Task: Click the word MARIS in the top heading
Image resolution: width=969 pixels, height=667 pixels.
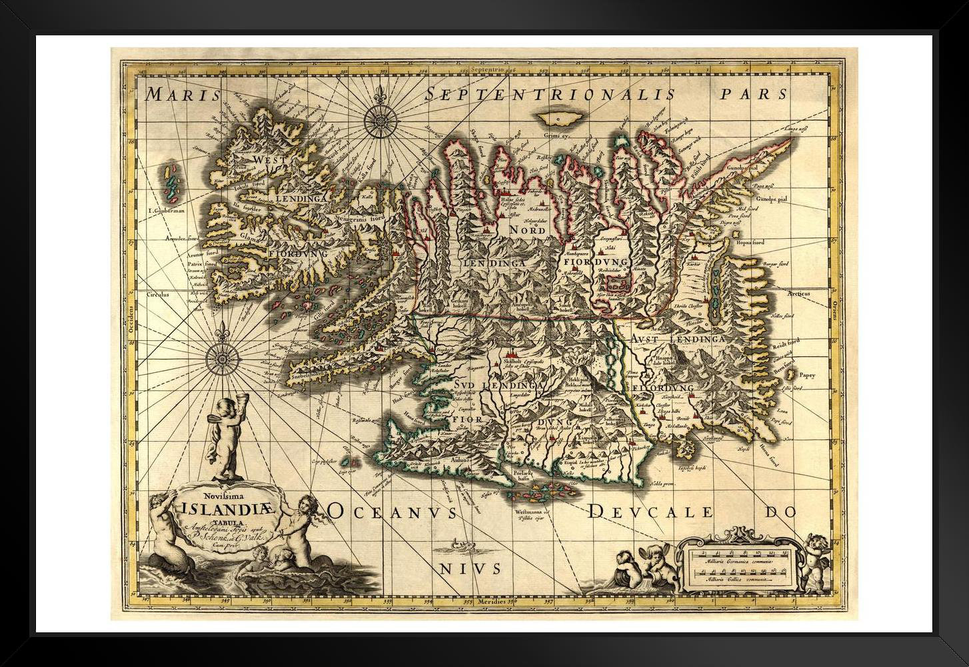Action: (178, 94)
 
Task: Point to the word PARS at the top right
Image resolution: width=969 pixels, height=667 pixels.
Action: (754, 93)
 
